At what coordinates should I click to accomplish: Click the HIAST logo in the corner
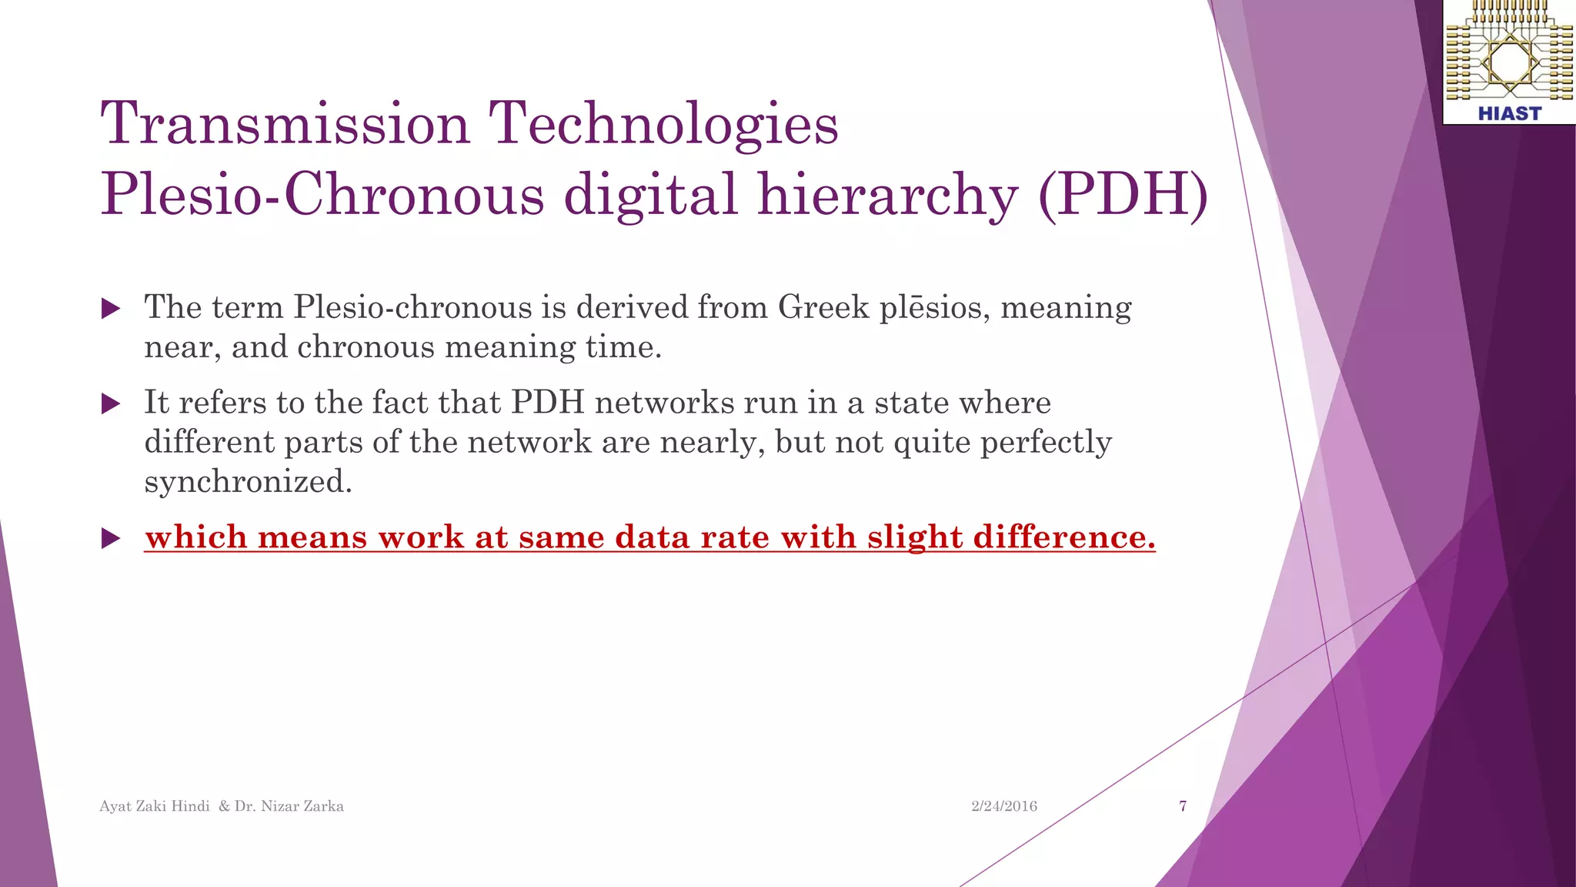(x=1509, y=62)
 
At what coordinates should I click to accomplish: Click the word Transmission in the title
(x=285, y=123)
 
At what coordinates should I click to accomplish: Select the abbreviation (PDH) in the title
(x=1123, y=194)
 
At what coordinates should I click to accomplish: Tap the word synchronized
(x=248, y=482)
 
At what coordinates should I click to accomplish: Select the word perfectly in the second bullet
(x=1046, y=442)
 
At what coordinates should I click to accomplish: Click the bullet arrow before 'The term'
(x=111, y=309)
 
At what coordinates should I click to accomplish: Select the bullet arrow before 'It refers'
(x=111, y=403)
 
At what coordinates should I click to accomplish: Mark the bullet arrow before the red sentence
(x=111, y=538)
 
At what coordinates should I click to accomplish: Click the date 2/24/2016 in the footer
(x=1003, y=806)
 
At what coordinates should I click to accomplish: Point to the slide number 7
(x=1183, y=806)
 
